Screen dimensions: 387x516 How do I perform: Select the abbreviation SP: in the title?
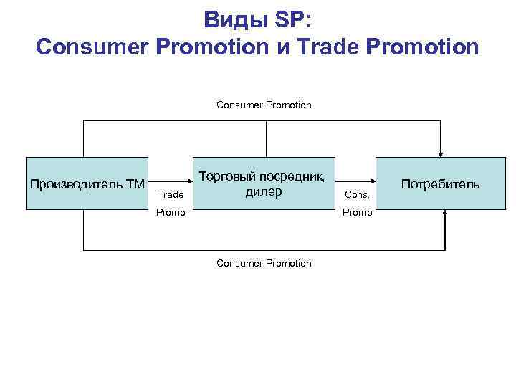pos(292,19)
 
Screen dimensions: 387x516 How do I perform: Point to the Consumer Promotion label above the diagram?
pos(264,105)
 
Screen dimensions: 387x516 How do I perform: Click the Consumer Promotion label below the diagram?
pos(264,263)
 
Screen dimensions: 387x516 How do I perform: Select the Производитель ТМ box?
pos(87,183)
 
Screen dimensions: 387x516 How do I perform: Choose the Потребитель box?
pos(440,183)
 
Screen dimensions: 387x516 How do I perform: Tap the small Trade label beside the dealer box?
pos(171,194)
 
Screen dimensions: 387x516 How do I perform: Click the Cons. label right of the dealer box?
pos(357,194)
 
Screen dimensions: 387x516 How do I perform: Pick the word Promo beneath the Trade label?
pos(171,213)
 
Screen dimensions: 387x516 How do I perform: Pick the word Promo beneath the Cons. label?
pos(357,213)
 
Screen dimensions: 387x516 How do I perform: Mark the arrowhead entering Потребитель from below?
pos(445,214)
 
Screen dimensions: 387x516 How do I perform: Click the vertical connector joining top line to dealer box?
pos(267,139)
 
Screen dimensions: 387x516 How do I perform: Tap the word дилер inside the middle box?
pos(264,191)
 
